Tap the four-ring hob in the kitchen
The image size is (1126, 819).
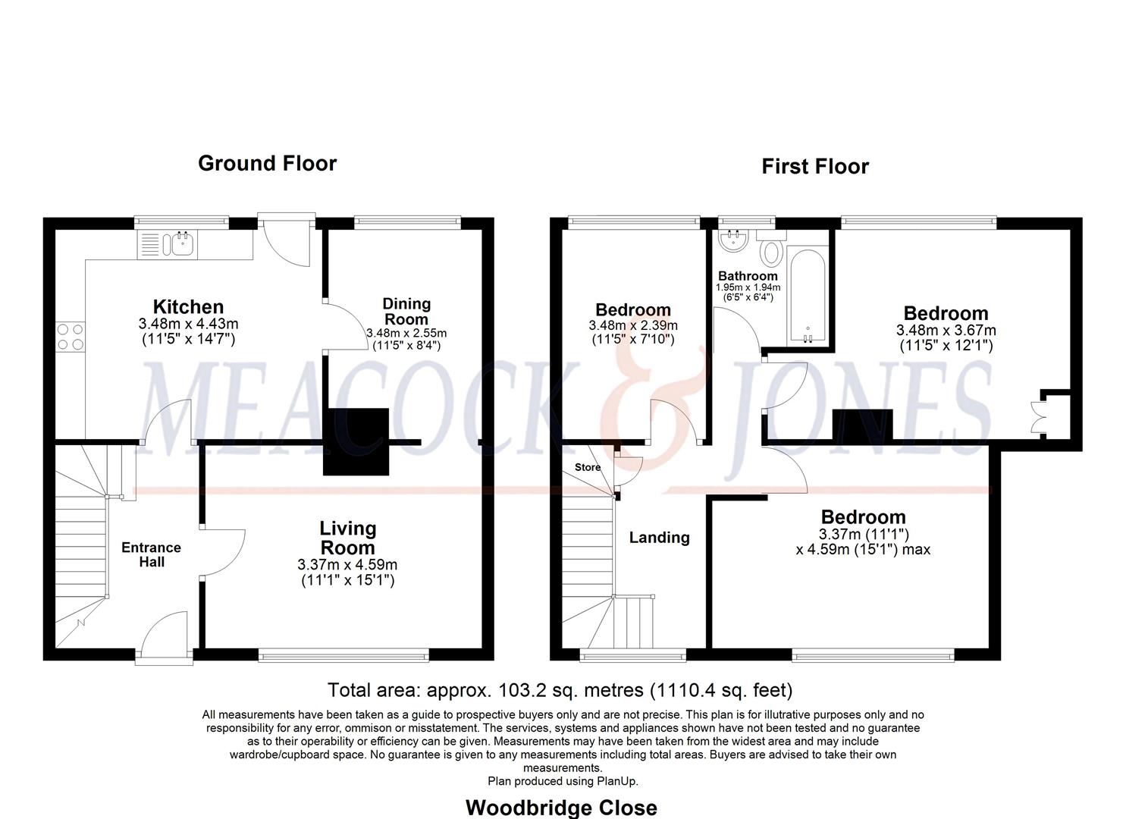click(x=71, y=337)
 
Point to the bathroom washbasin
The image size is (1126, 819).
click(x=733, y=240)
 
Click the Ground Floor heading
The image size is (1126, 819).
click(x=268, y=163)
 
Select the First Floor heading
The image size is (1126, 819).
click(x=815, y=166)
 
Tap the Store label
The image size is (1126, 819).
click(x=588, y=467)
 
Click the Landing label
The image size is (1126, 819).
click(x=659, y=538)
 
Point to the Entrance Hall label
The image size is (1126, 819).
click(x=152, y=554)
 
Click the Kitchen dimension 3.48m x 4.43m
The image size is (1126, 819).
click(x=189, y=324)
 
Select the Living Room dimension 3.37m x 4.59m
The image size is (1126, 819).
click(x=347, y=565)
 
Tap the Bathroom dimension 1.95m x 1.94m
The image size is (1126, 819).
click(x=748, y=287)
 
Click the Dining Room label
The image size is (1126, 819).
click(x=406, y=311)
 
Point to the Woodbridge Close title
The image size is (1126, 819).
click(x=562, y=808)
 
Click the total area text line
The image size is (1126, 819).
click(x=560, y=690)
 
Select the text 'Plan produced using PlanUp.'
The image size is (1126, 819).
click(x=563, y=781)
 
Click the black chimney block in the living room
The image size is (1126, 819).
click(x=356, y=441)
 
